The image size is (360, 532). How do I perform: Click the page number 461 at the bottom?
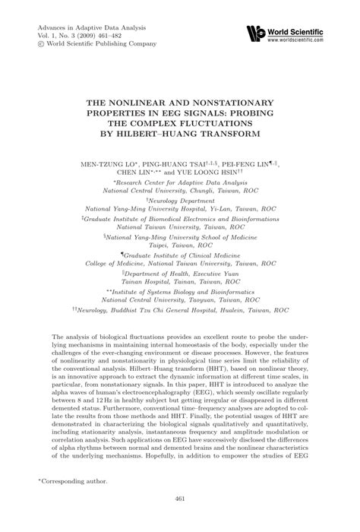(x=180, y=520)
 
